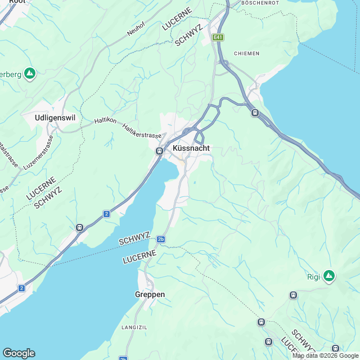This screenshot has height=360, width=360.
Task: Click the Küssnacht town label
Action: (x=191, y=148)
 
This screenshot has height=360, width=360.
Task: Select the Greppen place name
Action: (x=150, y=294)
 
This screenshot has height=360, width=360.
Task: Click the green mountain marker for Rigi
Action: (x=329, y=276)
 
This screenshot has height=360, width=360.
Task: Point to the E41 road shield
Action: (x=218, y=38)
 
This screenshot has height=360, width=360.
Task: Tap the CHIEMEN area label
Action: (x=246, y=53)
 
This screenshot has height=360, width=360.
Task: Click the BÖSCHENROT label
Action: (x=260, y=3)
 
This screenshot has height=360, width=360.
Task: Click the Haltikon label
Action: (x=106, y=120)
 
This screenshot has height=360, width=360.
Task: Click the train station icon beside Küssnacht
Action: (x=159, y=151)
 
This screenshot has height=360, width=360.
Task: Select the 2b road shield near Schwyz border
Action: (x=161, y=239)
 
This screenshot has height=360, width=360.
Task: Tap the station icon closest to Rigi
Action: (x=293, y=295)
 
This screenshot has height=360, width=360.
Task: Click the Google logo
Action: (x=19, y=353)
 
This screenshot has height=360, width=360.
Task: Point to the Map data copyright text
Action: (x=325, y=355)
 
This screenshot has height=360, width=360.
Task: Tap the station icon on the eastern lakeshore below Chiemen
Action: (x=255, y=112)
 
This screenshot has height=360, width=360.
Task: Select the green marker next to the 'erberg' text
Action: (x=30, y=73)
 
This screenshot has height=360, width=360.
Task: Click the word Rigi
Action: (x=313, y=276)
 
